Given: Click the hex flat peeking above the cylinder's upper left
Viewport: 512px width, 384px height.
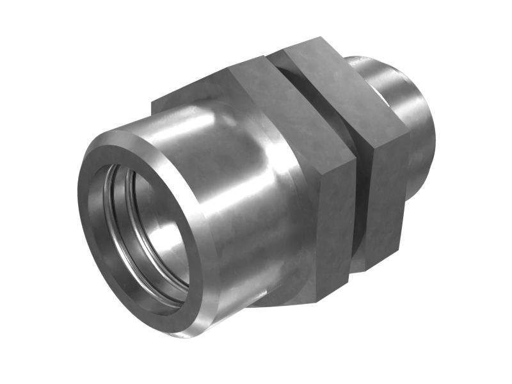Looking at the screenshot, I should coord(179,99).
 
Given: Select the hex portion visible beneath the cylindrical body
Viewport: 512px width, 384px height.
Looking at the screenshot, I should coord(275,298).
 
